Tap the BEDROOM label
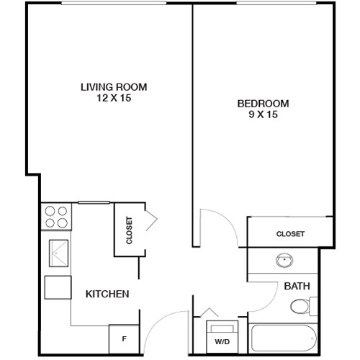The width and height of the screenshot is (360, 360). click(x=263, y=103)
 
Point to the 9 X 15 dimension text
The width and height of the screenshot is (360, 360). click(x=263, y=114)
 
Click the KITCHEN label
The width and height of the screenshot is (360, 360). click(x=107, y=294)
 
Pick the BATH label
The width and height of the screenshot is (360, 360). click(x=297, y=286)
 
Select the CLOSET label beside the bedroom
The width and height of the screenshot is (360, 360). click(x=290, y=234)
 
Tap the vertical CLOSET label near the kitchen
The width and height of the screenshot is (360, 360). click(x=130, y=230)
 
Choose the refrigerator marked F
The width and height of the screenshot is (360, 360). click(x=123, y=336)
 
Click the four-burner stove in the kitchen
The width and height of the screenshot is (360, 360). click(x=56, y=217)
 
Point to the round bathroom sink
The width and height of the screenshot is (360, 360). click(x=282, y=261)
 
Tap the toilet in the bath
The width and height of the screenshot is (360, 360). click(x=302, y=307)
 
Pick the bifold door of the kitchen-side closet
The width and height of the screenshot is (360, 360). click(x=152, y=220)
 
